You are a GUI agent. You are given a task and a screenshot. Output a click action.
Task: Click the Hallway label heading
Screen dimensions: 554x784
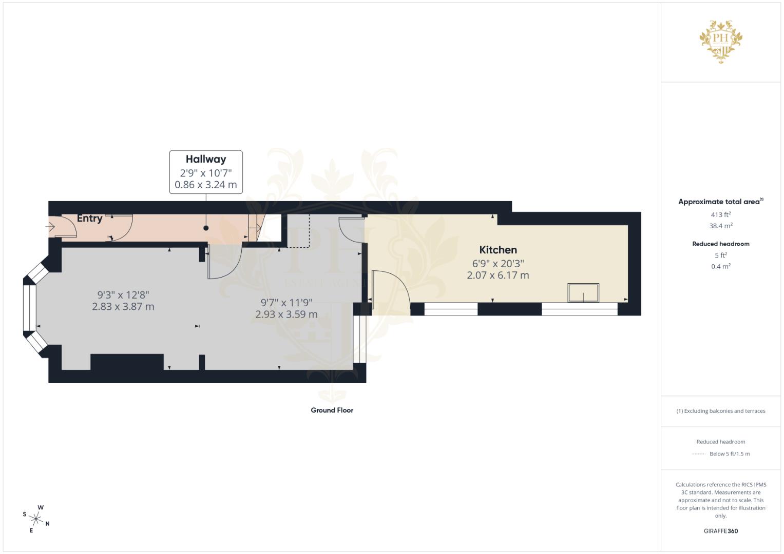coord(205,159)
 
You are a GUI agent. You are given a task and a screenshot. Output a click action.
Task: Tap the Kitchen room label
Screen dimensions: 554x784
coord(498,250)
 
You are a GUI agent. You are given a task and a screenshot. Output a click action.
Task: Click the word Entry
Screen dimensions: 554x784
coord(89,218)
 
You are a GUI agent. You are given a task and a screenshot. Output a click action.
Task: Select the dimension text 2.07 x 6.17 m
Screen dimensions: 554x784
coord(498,275)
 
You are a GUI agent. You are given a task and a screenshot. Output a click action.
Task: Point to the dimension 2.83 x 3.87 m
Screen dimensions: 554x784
coord(123,307)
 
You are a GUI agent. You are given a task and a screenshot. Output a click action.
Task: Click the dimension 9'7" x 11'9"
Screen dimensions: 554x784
coord(286,303)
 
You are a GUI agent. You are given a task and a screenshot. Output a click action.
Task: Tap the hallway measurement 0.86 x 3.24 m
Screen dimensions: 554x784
coord(205,185)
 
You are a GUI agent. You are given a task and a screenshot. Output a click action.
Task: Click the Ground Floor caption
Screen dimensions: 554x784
coord(332,410)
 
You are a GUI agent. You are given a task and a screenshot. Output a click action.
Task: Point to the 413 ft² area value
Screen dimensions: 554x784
coord(720,215)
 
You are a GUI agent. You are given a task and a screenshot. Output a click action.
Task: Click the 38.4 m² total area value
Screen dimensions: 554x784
coord(720,226)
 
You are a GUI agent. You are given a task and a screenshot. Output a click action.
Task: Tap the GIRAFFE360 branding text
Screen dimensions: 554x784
coord(720,531)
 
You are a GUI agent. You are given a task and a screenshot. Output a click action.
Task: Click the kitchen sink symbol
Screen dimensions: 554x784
coord(583,292)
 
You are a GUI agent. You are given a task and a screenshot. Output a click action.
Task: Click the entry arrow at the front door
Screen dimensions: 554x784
coord(51,226)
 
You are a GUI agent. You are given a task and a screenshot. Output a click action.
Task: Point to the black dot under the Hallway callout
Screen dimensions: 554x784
coord(206,228)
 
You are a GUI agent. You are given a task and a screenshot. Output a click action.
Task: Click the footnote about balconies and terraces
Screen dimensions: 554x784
coord(720,411)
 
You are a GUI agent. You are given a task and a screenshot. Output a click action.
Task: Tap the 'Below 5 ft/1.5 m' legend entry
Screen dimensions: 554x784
coord(729,454)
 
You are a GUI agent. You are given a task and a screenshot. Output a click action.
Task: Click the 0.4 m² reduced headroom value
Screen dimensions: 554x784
coord(720,266)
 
